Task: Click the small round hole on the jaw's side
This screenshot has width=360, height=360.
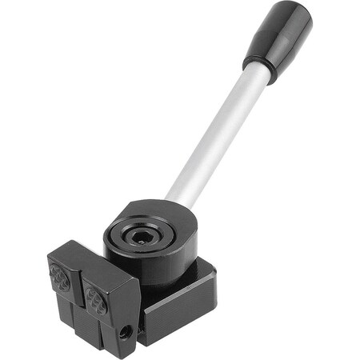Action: point(125,330)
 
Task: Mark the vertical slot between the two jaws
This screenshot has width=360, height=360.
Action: point(81,308)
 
